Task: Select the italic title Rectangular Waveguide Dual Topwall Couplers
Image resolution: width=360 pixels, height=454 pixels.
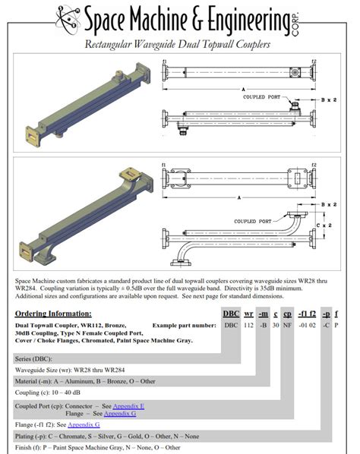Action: pyautogui.click(x=179, y=46)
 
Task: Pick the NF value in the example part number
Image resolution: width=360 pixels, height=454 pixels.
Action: pyautogui.click(x=288, y=325)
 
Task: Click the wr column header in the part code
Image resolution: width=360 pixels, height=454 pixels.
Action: pyautogui.click(x=248, y=314)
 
